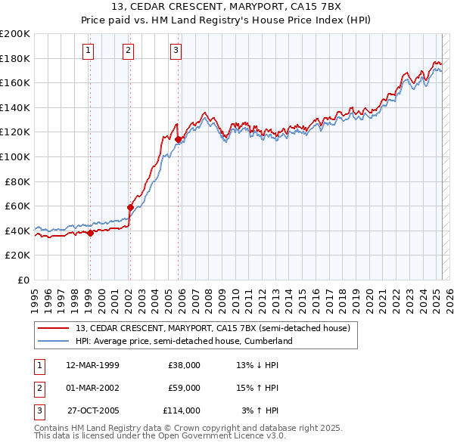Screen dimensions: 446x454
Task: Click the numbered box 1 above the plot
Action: (x=89, y=51)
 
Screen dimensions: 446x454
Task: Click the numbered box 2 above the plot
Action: (x=128, y=51)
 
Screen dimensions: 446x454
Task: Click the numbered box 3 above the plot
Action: (x=176, y=51)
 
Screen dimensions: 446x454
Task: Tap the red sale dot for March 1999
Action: (x=90, y=233)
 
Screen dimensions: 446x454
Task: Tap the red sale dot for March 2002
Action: (x=130, y=207)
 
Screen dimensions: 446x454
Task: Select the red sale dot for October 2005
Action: (x=179, y=139)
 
